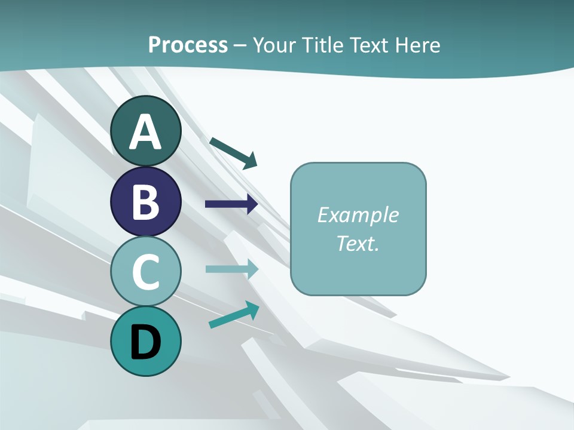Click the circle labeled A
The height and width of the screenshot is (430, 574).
click(x=145, y=131)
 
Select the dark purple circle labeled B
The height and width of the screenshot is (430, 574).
click(x=145, y=201)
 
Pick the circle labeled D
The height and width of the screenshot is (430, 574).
click(x=145, y=341)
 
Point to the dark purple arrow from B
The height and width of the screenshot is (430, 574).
click(x=231, y=204)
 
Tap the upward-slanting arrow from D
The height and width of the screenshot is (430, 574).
click(x=234, y=315)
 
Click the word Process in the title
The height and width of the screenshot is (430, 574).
click(x=188, y=45)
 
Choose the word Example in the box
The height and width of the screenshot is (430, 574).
click(x=358, y=215)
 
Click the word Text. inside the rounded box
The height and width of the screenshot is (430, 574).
click(x=358, y=243)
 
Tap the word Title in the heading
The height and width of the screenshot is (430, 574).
click(x=323, y=45)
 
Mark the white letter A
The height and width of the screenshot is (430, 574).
click(x=145, y=132)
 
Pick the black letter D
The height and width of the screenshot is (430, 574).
click(x=145, y=342)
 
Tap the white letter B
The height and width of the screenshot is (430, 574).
click(x=145, y=202)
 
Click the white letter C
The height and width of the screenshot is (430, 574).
click(x=145, y=271)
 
